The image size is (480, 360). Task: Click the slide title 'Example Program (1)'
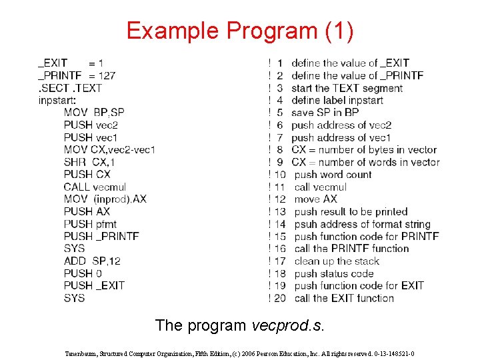240,31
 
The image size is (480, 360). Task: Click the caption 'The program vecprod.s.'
240,325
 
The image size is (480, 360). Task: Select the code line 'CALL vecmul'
95,187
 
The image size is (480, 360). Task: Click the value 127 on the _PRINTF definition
106,75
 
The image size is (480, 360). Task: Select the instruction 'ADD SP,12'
92,261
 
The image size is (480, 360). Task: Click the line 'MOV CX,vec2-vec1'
109,149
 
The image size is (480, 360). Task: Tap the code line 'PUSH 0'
83,273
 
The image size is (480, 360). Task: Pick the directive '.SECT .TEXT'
70,88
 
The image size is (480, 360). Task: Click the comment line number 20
279,298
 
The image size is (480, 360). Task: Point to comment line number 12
279,199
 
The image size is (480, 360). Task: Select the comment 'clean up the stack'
337,261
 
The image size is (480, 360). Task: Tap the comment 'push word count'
333,175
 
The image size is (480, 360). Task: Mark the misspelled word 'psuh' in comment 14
305,224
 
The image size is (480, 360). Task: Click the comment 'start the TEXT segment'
347,88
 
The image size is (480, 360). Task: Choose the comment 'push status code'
334,273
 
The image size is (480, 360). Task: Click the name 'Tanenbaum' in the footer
80,353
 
